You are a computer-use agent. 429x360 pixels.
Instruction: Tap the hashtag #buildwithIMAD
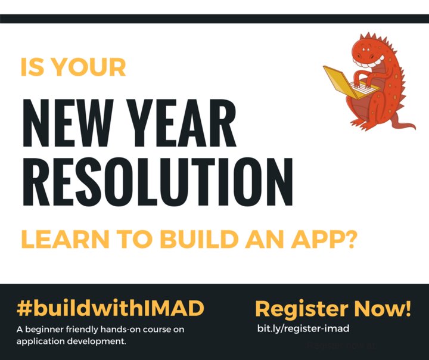tap(110, 309)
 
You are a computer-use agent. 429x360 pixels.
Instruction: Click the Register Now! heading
tap(333, 309)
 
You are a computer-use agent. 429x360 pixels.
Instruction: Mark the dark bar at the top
tap(214, 18)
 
